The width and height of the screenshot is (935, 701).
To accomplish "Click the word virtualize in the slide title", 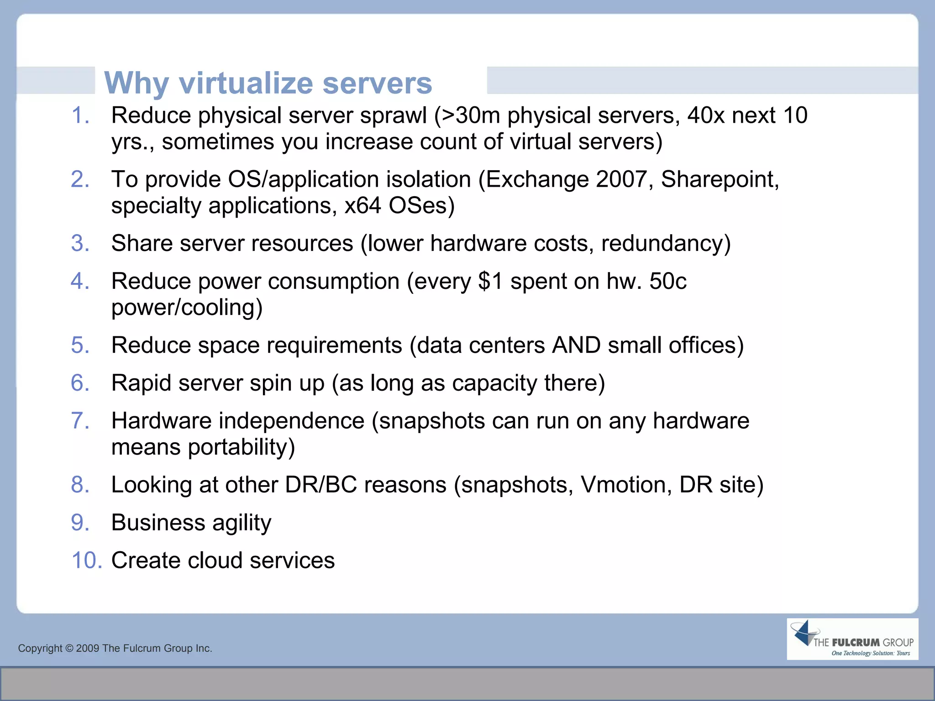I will pos(246,83).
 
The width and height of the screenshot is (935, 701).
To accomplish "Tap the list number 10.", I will pos(87,560).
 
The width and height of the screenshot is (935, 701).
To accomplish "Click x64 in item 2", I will pos(362,205).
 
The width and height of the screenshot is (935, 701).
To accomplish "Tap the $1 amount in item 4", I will pos(490,281).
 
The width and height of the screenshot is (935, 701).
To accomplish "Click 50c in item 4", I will pos(667,281).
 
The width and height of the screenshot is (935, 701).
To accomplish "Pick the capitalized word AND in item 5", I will pos(576,345).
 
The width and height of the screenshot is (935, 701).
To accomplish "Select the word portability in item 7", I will pos(241,447).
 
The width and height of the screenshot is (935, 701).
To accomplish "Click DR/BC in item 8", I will pos(320,485).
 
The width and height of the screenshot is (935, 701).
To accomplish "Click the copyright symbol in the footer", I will pos(69,649).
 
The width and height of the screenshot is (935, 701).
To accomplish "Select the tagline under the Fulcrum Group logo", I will pos(871,653).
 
